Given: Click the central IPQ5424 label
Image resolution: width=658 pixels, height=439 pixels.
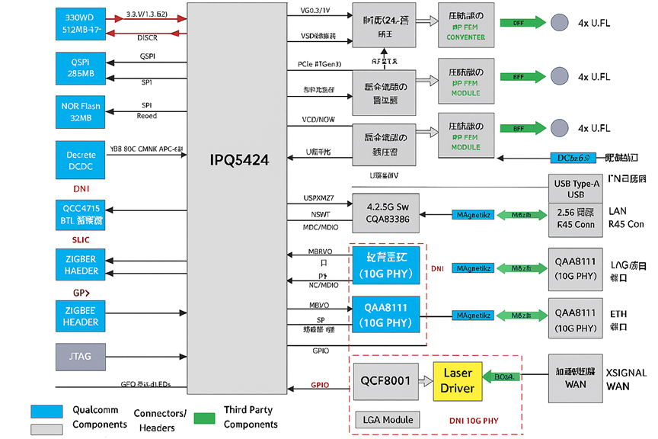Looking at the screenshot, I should pyautogui.click(x=239, y=160).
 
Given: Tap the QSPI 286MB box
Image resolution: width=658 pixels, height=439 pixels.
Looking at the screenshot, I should pyautogui.click(x=81, y=68).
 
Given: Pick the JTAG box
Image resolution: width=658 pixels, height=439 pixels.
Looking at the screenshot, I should pyautogui.click(x=81, y=357).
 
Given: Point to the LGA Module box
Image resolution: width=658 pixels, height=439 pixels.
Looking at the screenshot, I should pyautogui.click(x=386, y=420).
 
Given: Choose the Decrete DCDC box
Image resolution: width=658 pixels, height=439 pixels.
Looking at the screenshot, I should pyautogui.click(x=81, y=160).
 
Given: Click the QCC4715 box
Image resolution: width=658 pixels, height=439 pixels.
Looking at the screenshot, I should pyautogui.click(x=81, y=213).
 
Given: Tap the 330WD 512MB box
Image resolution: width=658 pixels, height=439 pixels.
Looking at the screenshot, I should pyautogui.click(x=81, y=24).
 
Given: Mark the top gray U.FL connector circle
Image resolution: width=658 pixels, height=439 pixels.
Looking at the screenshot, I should pyautogui.click(x=560, y=23).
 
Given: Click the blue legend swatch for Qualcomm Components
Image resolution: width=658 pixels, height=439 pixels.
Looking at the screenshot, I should pyautogui.click(x=46, y=412).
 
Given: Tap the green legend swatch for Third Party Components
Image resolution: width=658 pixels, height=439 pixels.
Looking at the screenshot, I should pyautogui.click(x=204, y=418).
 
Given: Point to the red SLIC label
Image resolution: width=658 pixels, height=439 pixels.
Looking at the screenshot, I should pyautogui.click(x=81, y=240).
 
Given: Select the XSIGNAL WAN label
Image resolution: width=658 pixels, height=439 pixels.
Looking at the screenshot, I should pyautogui.click(x=626, y=380).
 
